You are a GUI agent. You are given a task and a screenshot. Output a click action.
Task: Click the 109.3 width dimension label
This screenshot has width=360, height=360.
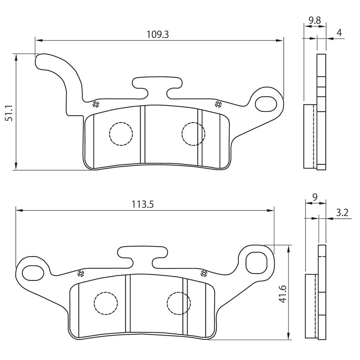click(x=158, y=34)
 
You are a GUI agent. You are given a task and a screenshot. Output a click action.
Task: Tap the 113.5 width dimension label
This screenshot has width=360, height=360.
click(x=143, y=204)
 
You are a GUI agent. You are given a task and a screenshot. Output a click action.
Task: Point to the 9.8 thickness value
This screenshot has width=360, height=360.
click(x=315, y=20)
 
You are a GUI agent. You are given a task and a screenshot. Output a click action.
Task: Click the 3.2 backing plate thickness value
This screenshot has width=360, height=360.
click(x=342, y=212)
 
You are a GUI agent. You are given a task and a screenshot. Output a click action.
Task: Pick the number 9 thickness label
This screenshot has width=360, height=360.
click(x=315, y=197)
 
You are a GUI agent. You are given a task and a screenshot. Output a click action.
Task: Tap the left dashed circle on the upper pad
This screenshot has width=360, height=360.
click(x=121, y=134)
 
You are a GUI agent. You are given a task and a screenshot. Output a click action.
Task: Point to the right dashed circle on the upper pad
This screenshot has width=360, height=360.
click(x=193, y=134)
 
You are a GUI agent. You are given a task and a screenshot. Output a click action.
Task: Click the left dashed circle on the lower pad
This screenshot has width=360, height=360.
click(x=106, y=303)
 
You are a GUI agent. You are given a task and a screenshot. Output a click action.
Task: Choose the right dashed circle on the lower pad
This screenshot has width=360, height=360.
click(x=179, y=303)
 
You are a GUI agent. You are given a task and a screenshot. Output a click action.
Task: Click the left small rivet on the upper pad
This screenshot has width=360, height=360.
click(x=95, y=104)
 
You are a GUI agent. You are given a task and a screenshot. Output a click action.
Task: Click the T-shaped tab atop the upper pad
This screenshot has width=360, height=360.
click(x=157, y=84)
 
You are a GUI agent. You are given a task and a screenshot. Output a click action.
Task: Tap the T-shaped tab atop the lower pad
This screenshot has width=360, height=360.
click(x=142, y=254)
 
